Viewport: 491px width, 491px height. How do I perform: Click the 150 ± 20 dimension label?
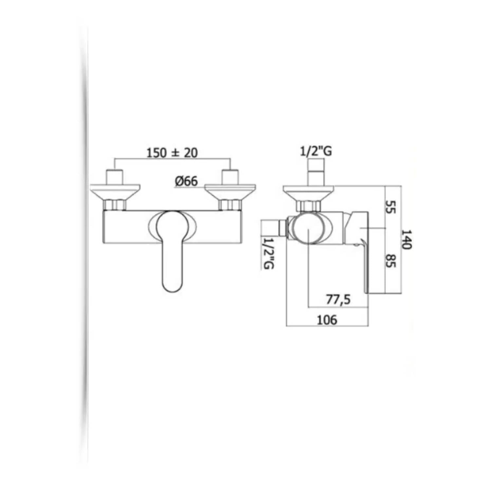(x=172, y=153)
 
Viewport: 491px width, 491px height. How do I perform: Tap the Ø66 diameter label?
(x=186, y=181)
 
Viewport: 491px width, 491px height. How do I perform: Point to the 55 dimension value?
(x=389, y=207)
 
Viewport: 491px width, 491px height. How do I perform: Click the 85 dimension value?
(x=389, y=261)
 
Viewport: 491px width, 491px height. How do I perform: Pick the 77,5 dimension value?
(x=338, y=300)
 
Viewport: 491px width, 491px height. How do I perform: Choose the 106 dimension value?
(x=327, y=320)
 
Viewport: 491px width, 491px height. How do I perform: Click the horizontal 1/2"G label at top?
(x=316, y=151)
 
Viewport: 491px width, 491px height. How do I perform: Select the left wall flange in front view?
(x=115, y=191)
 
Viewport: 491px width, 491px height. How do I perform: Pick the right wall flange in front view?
(x=230, y=191)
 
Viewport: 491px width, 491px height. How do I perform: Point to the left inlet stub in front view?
(x=115, y=177)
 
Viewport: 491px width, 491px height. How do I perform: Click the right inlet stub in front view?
(x=230, y=177)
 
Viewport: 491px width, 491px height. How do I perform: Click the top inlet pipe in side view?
(x=316, y=172)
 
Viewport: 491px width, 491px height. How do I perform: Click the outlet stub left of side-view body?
(x=273, y=228)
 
